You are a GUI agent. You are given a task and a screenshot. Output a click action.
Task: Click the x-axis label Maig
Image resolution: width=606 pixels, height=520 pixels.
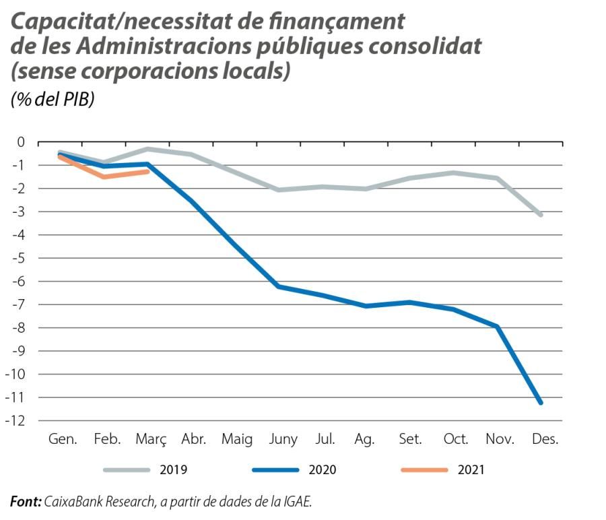[x=237, y=440]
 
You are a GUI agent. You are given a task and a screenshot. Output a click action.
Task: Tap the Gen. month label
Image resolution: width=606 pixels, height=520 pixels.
[x=63, y=440]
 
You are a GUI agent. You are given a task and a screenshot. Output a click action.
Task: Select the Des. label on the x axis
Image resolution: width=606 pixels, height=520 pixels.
[x=545, y=440]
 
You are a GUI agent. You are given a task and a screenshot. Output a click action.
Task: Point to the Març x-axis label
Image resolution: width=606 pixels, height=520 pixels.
[x=151, y=440]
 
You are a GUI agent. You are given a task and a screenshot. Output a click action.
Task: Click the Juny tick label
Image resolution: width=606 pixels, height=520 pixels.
[x=283, y=440]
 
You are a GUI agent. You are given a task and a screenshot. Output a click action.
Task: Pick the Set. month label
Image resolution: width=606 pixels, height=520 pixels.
[x=409, y=440]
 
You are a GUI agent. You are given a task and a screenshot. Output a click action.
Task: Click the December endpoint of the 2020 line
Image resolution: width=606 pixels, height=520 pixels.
[x=541, y=402]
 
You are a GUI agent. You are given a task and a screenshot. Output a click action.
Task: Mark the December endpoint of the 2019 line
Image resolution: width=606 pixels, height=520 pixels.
[x=541, y=215]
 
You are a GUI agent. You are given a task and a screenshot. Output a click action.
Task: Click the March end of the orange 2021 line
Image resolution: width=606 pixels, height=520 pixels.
[x=147, y=171]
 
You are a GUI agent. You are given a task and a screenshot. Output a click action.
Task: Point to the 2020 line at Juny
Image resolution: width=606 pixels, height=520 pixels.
[x=279, y=287]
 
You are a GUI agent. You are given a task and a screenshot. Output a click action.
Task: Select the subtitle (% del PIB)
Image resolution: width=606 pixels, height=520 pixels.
[x=52, y=99]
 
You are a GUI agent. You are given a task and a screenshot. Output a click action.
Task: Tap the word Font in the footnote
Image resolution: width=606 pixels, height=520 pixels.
[x=25, y=501]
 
